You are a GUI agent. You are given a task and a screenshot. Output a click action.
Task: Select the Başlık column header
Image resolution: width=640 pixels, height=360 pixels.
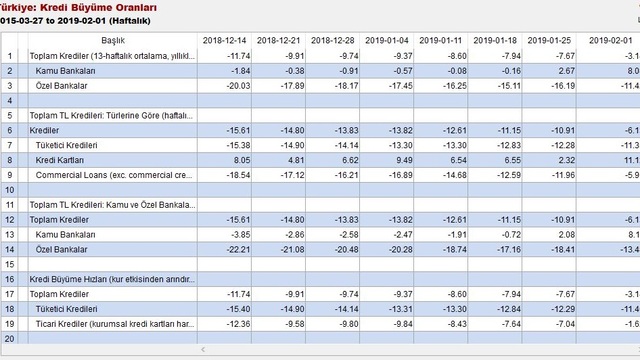pyautogui.click(x=113, y=39)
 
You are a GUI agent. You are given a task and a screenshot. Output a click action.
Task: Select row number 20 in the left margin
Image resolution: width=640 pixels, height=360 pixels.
pyautogui.click(x=11, y=339)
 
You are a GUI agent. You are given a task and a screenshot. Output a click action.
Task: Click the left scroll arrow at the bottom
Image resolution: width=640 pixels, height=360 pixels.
pyautogui.click(x=204, y=350)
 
